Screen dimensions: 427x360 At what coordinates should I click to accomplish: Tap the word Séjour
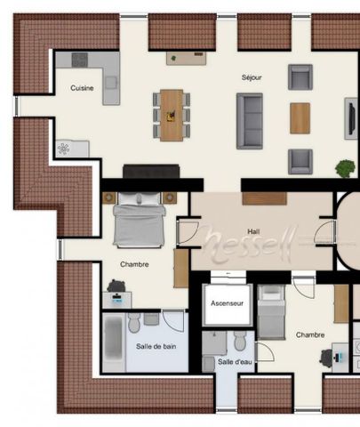click(252, 77)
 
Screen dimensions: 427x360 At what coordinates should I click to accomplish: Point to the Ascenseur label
click(228, 303)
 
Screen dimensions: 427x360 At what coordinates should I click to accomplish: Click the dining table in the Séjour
click(172, 115)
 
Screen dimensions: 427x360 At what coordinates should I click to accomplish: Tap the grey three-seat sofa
click(249, 120)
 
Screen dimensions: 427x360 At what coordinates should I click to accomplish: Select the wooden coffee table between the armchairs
click(300, 118)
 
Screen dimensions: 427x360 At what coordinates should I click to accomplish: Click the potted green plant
click(345, 167)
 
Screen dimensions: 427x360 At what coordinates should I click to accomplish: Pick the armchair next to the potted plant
click(300, 160)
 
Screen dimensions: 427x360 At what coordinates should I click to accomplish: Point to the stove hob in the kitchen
click(81, 60)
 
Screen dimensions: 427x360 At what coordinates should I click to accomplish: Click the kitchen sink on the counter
click(111, 83)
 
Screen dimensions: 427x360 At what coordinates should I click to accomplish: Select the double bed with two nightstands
click(139, 219)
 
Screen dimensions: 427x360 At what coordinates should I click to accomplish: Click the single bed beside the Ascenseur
click(271, 311)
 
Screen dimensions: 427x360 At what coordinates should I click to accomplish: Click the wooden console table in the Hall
click(264, 197)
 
